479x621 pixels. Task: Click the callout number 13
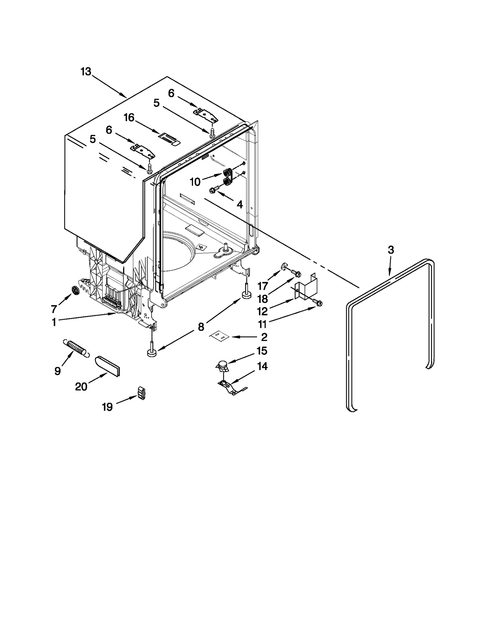(x=86, y=72)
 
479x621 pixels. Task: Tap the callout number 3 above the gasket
(x=391, y=250)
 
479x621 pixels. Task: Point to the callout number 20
(x=81, y=387)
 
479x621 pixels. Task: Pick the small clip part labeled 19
(x=142, y=393)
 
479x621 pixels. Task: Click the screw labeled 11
(x=319, y=303)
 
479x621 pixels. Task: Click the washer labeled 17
(x=284, y=266)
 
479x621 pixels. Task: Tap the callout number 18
(x=263, y=299)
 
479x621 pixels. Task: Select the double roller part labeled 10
(x=228, y=177)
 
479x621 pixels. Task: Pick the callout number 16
(x=129, y=118)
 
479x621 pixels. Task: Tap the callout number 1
(x=54, y=322)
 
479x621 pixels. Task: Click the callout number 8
(x=201, y=327)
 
